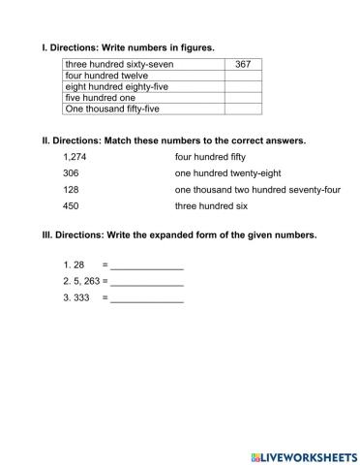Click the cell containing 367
(243, 64)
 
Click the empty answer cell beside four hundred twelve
(243, 76)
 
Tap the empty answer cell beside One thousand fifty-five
(243, 109)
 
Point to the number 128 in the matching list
(70, 190)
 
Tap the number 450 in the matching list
(70, 206)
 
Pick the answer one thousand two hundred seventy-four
(257, 190)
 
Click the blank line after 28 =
(147, 266)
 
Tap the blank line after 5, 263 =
(147, 283)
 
